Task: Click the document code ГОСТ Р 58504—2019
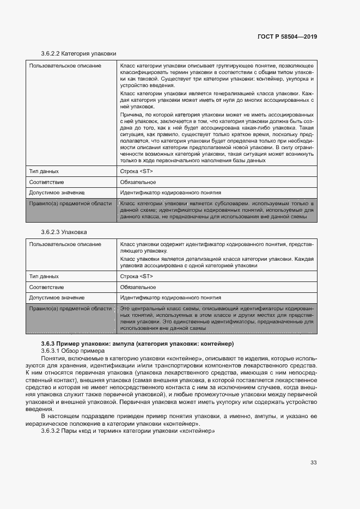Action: click(x=287, y=36)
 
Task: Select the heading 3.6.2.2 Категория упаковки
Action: click(x=78, y=54)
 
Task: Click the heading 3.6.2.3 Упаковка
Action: click(x=64, y=232)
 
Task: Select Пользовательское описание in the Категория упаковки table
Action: click(x=65, y=65)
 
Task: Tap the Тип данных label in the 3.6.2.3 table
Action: click(x=44, y=276)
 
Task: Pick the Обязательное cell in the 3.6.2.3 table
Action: click(x=138, y=287)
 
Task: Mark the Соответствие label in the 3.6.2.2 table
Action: click(x=46, y=182)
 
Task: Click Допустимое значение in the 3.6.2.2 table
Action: click(x=57, y=193)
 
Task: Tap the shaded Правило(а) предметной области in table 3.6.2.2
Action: click(x=70, y=203)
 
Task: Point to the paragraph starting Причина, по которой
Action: click(x=217, y=137)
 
